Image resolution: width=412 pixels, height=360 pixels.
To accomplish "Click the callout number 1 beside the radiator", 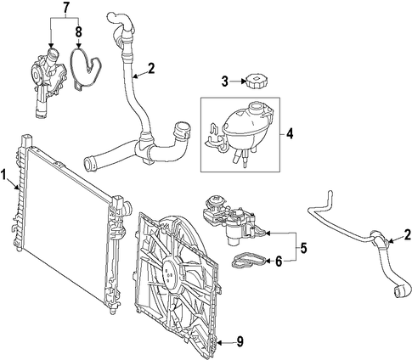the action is pyautogui.click(x=3, y=174).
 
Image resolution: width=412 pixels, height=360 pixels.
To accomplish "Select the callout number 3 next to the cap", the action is pyautogui.click(x=224, y=82).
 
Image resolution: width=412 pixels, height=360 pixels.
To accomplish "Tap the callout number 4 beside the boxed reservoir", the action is pyautogui.click(x=290, y=133).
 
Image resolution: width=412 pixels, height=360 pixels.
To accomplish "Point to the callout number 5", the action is pyautogui.click(x=303, y=248).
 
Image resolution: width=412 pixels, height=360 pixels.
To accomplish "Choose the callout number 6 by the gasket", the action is pyautogui.click(x=279, y=261).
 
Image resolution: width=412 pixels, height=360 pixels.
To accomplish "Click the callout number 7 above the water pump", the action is pyautogui.click(x=65, y=8).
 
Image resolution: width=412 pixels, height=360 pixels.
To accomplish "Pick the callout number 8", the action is pyautogui.click(x=78, y=32).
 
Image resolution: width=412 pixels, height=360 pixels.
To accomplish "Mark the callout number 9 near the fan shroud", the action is pyautogui.click(x=240, y=342).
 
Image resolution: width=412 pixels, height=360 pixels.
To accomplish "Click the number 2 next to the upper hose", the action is pyautogui.click(x=151, y=69).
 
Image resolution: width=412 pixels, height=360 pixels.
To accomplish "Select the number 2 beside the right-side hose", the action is pyautogui.click(x=408, y=234).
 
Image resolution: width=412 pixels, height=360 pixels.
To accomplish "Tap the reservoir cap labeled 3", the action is pyautogui.click(x=257, y=81).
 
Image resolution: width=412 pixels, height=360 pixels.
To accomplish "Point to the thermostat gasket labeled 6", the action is pyautogui.click(x=249, y=261).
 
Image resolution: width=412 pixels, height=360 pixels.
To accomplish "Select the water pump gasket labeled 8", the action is pyautogui.click(x=85, y=69).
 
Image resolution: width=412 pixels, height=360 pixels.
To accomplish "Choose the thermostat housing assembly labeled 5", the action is pyautogui.click(x=234, y=222).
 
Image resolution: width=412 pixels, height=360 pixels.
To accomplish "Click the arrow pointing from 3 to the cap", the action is pyautogui.click(x=237, y=82).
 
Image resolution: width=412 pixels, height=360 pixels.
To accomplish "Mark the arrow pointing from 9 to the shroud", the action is pyautogui.click(x=226, y=343).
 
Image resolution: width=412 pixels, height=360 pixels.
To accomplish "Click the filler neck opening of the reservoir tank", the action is pyautogui.click(x=256, y=107).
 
